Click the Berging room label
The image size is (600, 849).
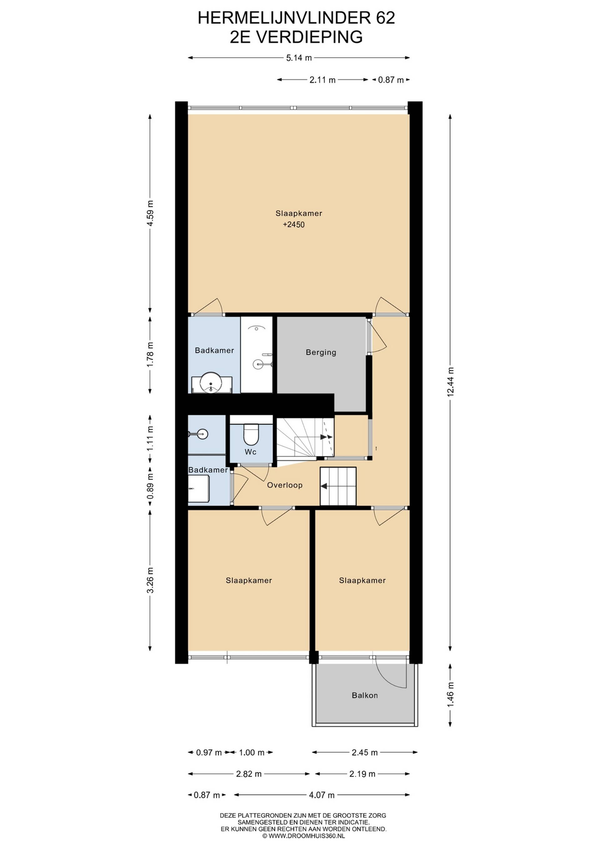point(321,352)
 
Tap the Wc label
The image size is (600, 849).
point(251,452)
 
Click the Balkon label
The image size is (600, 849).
point(365,695)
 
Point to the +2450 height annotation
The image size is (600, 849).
point(294,225)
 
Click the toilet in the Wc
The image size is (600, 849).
point(251,434)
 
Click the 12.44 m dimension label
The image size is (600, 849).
point(450,382)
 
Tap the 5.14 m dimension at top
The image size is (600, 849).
point(299,58)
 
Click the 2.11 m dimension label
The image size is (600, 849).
point(322,80)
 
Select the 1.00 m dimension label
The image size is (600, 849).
point(252,752)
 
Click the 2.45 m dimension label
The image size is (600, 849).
point(365,752)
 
